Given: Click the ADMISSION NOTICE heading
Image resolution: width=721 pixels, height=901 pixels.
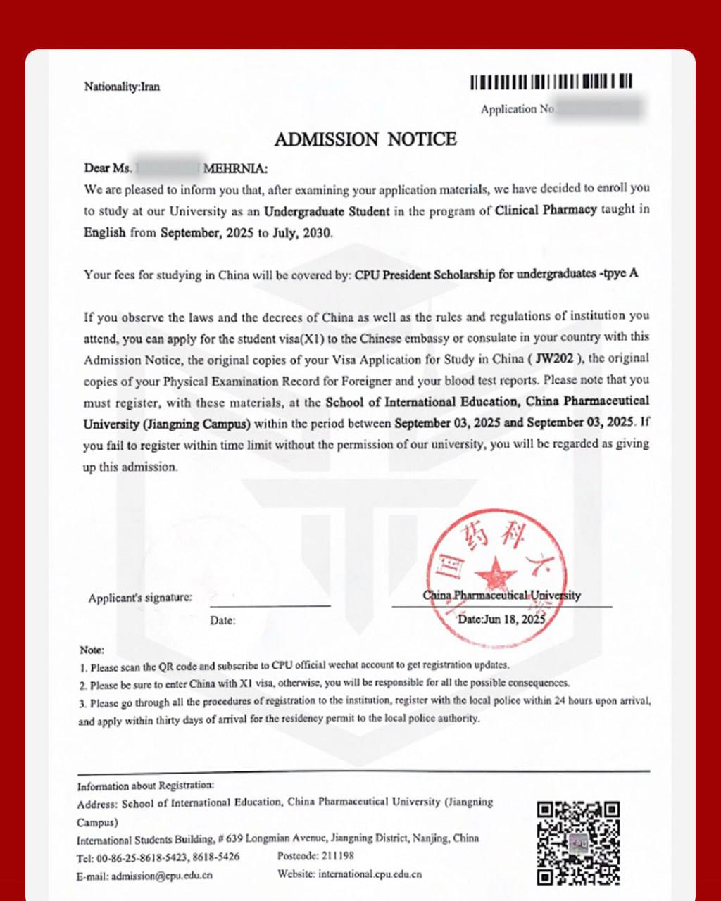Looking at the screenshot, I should point(365,139).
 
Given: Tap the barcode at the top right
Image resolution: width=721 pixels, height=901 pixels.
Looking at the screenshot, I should point(551,82).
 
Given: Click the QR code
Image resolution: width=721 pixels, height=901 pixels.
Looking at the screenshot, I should point(578,842).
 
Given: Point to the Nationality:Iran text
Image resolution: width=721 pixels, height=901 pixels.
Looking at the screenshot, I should point(122,87).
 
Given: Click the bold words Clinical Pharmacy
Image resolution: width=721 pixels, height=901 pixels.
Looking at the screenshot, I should point(546,210).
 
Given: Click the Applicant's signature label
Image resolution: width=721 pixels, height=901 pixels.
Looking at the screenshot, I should point(139,598).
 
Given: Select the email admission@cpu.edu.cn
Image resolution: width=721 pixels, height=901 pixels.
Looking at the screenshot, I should point(161,876).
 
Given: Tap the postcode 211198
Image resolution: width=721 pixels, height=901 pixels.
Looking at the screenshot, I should point(336,857).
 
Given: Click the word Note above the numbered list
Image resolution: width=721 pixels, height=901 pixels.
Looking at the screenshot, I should point(92,650).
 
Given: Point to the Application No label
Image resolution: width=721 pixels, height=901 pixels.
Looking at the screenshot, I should point(518,109).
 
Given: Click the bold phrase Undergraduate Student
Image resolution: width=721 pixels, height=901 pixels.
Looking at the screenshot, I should point(326,210).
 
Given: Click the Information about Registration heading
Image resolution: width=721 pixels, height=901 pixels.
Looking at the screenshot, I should point(145,786).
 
